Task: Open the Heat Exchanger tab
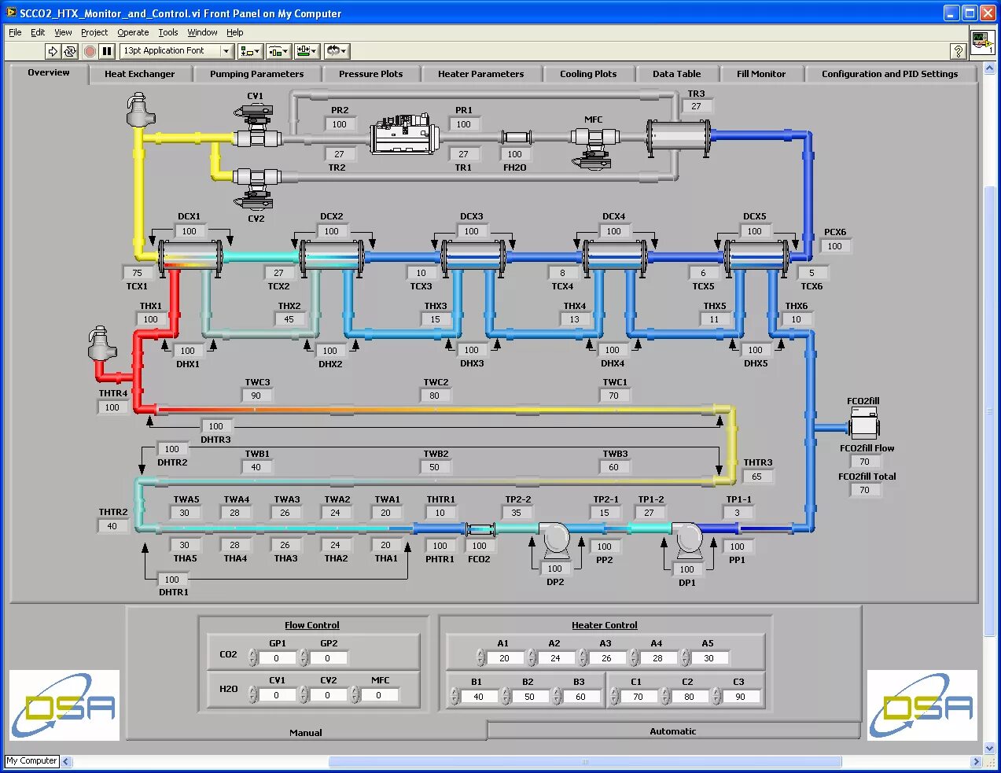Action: click(x=139, y=74)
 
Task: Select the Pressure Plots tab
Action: click(x=370, y=74)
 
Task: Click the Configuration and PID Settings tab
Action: click(x=889, y=74)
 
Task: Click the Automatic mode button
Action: click(x=672, y=731)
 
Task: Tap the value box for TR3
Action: click(x=696, y=107)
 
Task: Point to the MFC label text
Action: click(x=593, y=120)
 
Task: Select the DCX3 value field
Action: click(x=471, y=232)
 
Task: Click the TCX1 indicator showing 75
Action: click(x=138, y=273)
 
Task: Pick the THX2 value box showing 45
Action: click(x=289, y=319)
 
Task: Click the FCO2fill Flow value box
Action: click(x=864, y=462)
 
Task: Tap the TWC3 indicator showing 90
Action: click(x=256, y=396)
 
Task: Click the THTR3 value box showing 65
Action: click(x=756, y=477)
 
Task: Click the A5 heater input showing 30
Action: click(x=709, y=658)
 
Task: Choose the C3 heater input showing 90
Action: click(x=740, y=697)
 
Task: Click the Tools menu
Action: click(x=168, y=32)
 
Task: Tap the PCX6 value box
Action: click(x=834, y=246)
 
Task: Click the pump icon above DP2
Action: click(x=554, y=539)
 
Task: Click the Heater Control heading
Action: click(x=604, y=625)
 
